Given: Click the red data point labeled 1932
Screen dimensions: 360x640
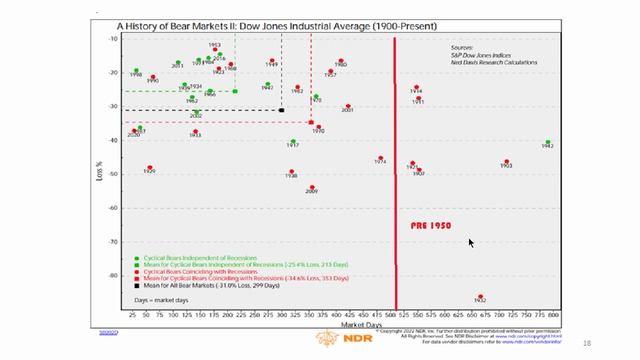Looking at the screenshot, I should point(481,296).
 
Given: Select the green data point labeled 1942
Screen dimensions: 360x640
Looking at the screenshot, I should point(548,143).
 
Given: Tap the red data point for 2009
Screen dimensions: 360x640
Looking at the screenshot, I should point(312,187).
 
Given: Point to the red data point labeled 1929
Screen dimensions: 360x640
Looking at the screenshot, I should point(150,168).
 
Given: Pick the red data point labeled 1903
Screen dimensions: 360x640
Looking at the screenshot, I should point(507,162).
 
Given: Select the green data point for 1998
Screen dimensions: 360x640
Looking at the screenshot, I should point(136,71).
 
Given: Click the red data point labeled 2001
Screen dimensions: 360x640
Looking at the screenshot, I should point(348,106).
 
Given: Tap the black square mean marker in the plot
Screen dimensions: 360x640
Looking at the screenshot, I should point(281,110).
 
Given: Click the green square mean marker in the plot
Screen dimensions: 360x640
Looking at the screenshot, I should point(235,91).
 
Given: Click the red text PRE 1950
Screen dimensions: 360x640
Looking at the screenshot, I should point(431,226).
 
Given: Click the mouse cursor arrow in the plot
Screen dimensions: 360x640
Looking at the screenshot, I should point(471,242).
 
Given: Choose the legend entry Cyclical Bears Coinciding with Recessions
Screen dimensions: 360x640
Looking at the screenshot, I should point(199,270).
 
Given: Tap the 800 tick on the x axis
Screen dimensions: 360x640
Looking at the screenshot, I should point(553,316).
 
